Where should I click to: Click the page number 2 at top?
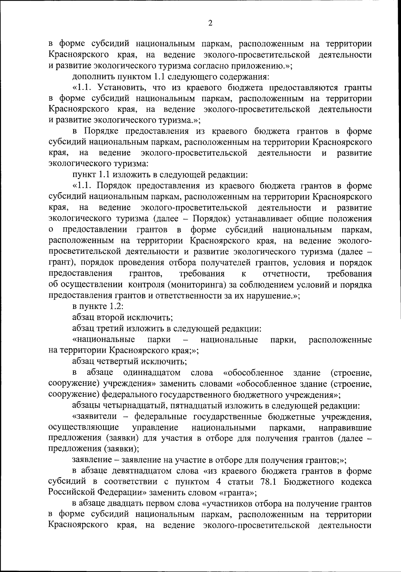(210, 23)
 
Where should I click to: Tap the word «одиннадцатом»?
(152, 372)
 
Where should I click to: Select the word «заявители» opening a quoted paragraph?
(95, 417)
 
